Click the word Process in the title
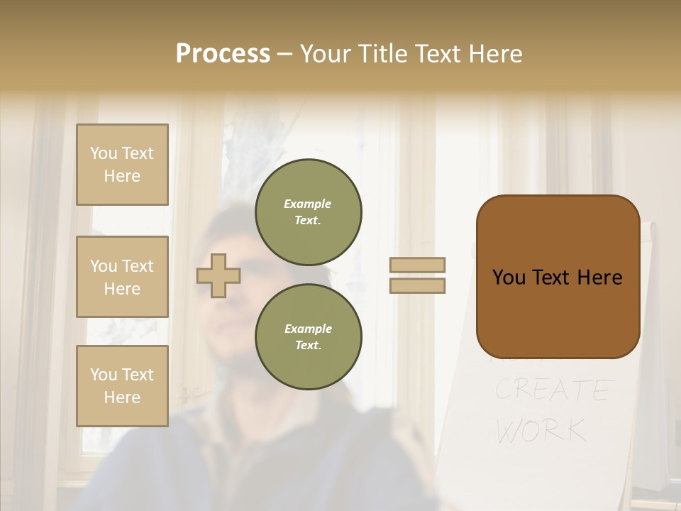223,54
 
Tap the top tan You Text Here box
122,165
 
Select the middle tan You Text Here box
122,277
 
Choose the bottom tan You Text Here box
122,386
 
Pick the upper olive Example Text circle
309,212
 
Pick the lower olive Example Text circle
309,337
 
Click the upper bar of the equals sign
417,265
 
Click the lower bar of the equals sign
417,285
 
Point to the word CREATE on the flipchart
553,390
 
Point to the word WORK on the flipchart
541,430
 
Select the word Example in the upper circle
308,204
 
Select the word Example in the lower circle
308,329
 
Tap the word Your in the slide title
326,54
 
